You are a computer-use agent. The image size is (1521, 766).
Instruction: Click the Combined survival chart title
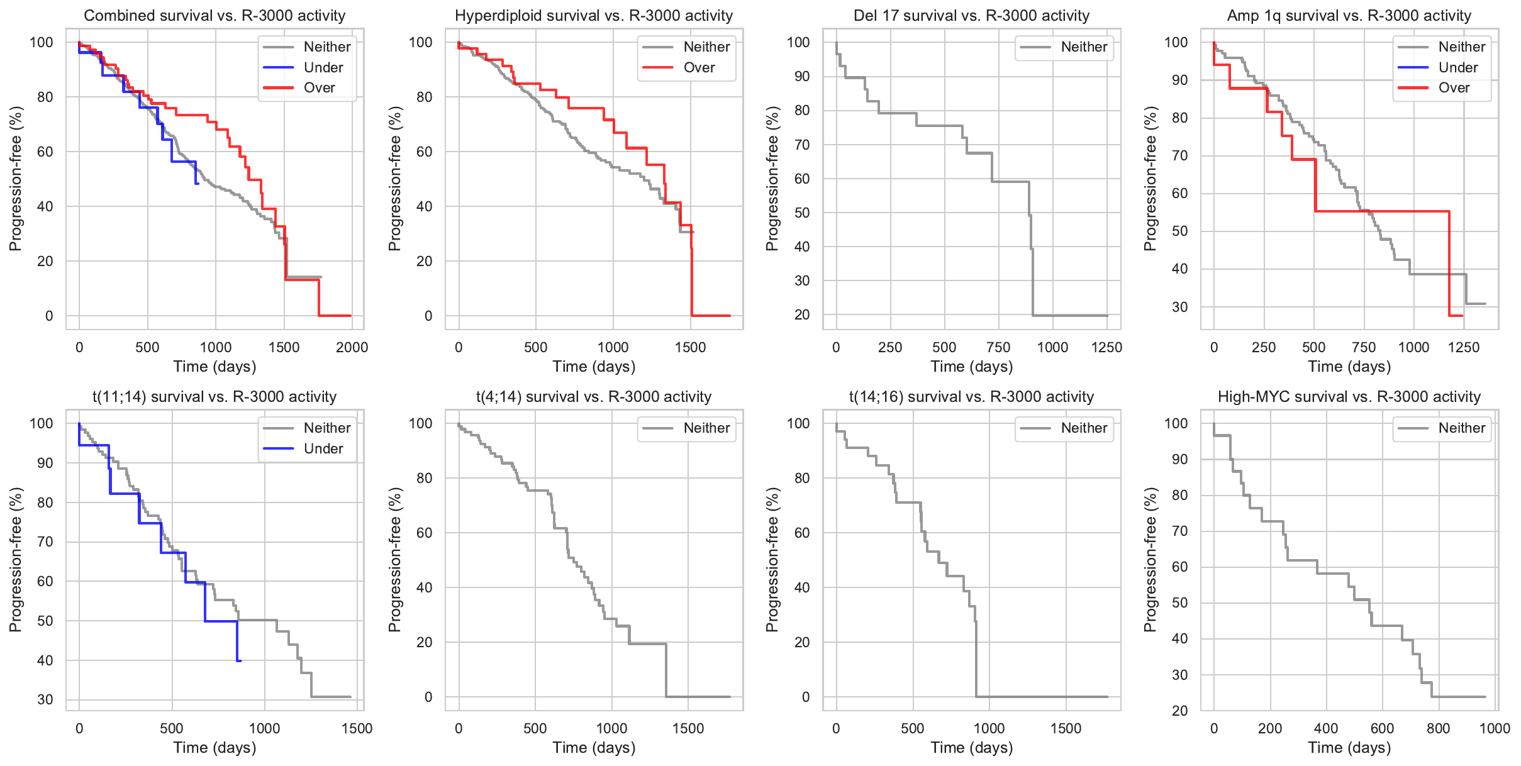point(214,16)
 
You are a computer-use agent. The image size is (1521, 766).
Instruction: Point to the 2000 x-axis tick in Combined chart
point(352,347)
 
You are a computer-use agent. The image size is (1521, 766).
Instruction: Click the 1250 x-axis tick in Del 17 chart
point(1106,347)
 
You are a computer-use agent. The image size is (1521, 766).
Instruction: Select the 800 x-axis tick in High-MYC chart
point(1438,728)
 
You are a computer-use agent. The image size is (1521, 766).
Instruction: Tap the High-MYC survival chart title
point(1349,397)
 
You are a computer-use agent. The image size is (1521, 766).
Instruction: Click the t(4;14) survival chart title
point(594,397)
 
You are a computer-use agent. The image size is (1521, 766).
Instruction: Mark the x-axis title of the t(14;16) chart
point(971,748)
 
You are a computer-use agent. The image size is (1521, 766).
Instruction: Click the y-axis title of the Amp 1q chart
point(1150,179)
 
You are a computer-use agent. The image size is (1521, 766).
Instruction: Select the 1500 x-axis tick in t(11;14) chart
point(357,728)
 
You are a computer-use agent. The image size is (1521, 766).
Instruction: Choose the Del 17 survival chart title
point(971,16)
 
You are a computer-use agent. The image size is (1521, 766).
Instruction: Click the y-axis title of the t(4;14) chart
point(394,560)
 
